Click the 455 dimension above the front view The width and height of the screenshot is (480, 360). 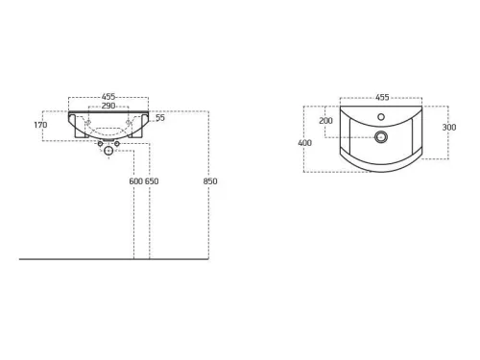(x=108, y=96)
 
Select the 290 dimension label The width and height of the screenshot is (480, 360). (x=108, y=106)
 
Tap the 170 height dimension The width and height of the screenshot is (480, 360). (x=40, y=125)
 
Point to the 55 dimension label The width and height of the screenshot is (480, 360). (x=160, y=118)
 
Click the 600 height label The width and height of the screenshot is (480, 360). (x=135, y=181)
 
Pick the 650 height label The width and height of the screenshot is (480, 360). (x=152, y=181)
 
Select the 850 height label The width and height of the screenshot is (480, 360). (x=210, y=181)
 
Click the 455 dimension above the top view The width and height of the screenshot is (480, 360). (x=382, y=97)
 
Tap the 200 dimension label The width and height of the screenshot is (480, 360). (x=325, y=121)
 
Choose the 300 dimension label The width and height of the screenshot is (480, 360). (x=449, y=128)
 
